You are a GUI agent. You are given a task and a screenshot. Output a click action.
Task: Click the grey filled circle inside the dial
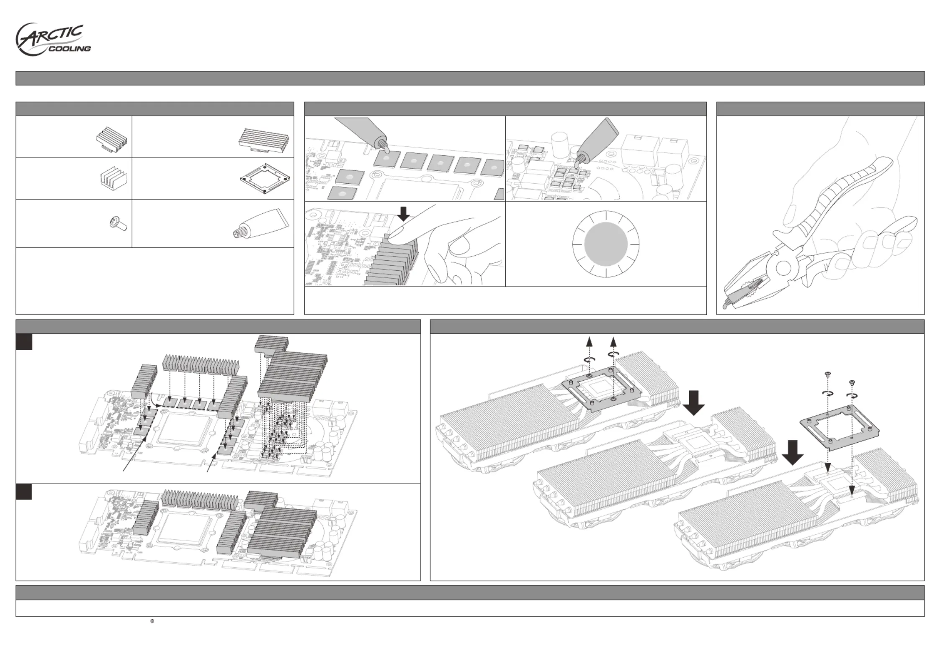coord(605,244)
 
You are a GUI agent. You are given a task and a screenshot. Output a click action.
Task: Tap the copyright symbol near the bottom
coord(152,621)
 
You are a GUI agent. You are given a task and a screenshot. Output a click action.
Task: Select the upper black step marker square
coord(24,342)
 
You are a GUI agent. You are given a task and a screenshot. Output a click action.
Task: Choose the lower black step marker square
coord(24,492)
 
